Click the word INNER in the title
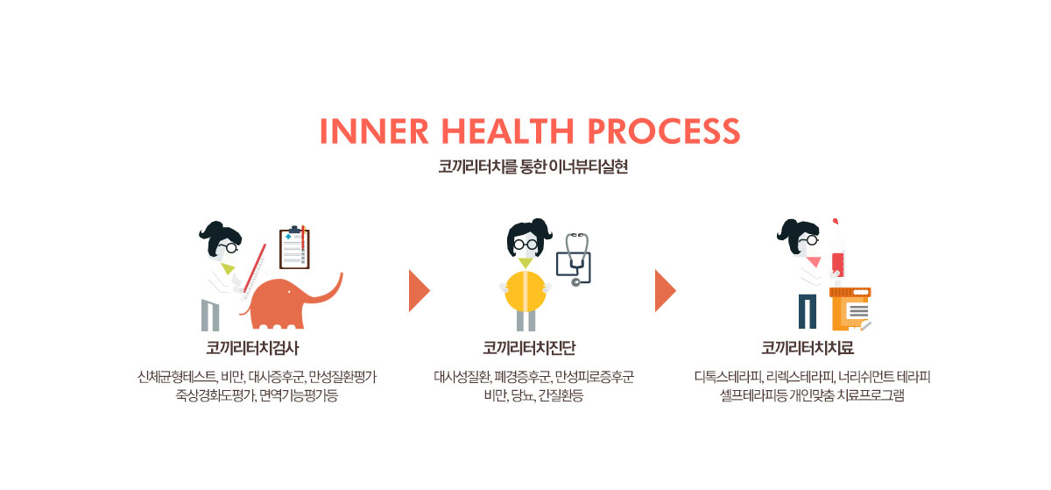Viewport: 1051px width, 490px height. tap(374, 131)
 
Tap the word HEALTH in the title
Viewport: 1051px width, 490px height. tap(507, 131)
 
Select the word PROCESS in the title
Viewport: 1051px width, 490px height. tap(664, 131)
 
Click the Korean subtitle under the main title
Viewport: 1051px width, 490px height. tap(533, 167)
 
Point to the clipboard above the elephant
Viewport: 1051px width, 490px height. tap(294, 247)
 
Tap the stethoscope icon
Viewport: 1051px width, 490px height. tap(574, 259)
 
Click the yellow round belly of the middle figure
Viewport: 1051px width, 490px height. tap(525, 291)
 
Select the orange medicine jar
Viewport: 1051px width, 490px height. tap(850, 309)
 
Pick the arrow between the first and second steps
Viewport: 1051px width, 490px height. tap(419, 291)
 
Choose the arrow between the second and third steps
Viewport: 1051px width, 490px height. tap(666, 291)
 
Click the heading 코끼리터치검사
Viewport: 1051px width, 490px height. tap(252, 348)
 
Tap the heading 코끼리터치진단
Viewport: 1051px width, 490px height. tap(529, 348)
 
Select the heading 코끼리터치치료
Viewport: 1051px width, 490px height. tap(807, 348)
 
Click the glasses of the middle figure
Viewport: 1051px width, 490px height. tap(525, 245)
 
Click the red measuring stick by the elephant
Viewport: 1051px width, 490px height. tap(254, 268)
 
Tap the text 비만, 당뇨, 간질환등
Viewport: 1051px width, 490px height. tap(533, 396)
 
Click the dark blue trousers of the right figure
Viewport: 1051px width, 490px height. tap(807, 311)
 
